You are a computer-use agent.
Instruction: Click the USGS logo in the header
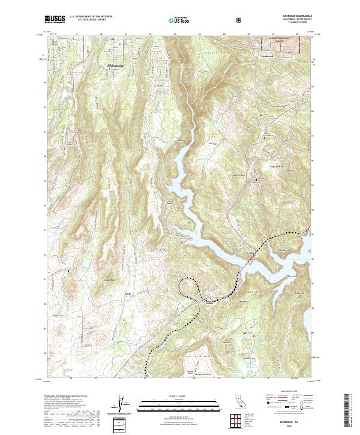(x=55, y=19)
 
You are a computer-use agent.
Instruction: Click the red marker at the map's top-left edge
(x=112, y=40)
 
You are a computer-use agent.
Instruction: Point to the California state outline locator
(x=238, y=403)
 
